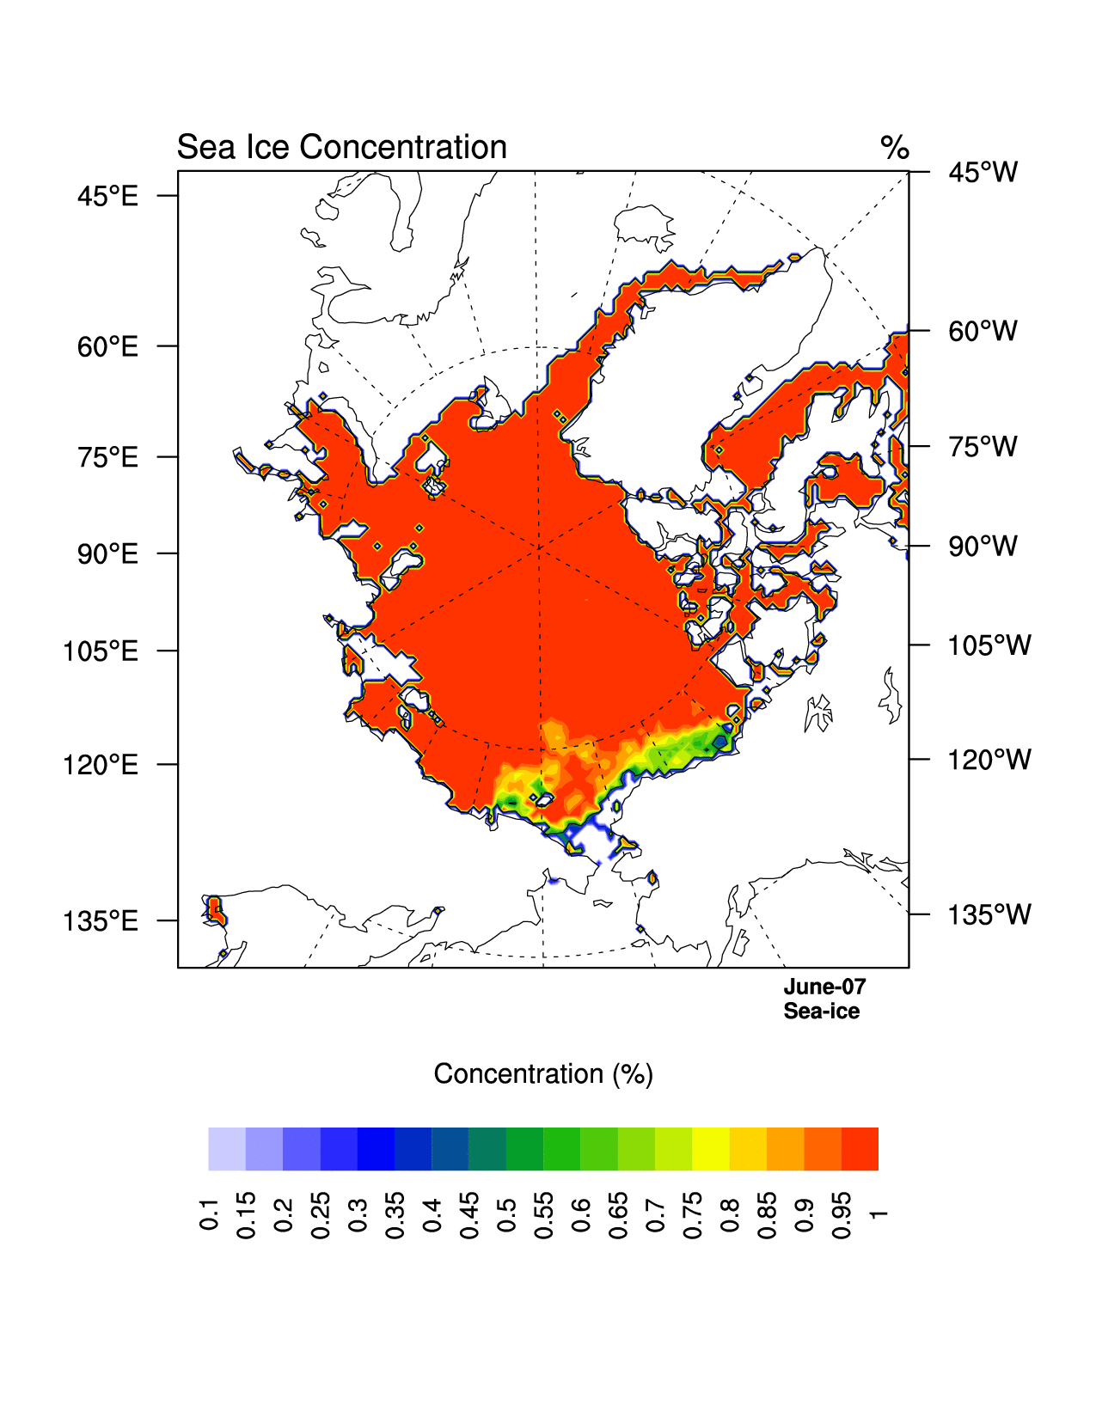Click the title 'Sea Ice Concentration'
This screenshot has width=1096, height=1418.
(x=341, y=148)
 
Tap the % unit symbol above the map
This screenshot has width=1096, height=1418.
(x=894, y=148)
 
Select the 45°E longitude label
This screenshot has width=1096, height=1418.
(x=107, y=197)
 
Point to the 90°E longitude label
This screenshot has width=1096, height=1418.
(x=107, y=554)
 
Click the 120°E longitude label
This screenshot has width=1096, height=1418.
(x=101, y=765)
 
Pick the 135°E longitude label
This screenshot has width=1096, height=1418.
(x=101, y=921)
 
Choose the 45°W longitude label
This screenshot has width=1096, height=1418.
(x=983, y=173)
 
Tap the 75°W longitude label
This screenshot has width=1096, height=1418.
(x=983, y=447)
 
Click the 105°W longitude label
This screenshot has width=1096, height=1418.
(x=989, y=645)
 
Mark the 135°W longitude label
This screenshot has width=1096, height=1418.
(x=989, y=915)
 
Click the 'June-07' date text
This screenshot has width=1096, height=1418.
(x=824, y=987)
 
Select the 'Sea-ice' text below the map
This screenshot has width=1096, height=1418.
(x=821, y=1012)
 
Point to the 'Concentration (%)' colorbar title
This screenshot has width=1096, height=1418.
(x=543, y=1074)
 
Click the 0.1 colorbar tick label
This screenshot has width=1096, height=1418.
(x=209, y=1213)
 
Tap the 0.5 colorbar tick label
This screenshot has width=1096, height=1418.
(x=506, y=1213)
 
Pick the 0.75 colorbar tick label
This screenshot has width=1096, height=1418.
(x=692, y=1215)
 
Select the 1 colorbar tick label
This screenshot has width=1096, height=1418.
(x=878, y=1213)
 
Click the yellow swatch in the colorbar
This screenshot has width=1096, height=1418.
(x=711, y=1149)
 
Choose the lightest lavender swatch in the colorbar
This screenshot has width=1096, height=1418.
(x=227, y=1149)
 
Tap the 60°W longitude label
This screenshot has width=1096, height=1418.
(x=983, y=331)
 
